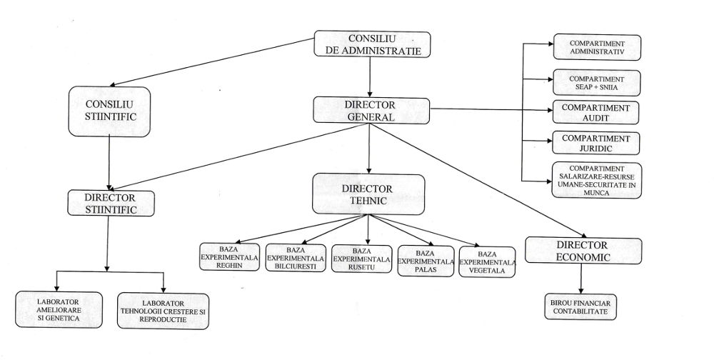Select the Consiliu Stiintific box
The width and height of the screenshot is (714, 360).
109,111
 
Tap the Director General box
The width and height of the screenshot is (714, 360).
370,110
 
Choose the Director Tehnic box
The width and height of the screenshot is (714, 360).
368,194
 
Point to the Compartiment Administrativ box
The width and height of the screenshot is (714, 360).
596,48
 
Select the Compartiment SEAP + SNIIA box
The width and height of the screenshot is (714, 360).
596,83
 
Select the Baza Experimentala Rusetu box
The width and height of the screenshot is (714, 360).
362,259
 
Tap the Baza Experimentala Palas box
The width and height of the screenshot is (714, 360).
426,261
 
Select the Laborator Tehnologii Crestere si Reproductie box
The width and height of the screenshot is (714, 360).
163,311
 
